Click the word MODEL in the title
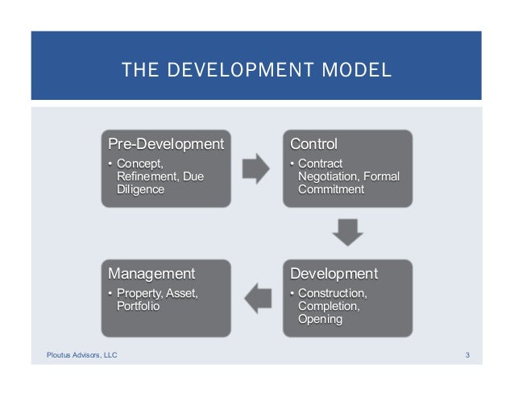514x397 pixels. [357, 71]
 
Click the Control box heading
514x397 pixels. [313, 145]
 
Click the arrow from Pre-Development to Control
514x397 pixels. [257, 167]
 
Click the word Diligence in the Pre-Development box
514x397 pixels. [141, 190]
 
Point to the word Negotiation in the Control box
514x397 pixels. [330, 177]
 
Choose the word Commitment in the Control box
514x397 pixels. [330, 190]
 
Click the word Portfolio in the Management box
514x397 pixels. [139, 307]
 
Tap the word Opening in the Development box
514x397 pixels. [320, 320]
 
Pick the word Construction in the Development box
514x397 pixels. [332, 293]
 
